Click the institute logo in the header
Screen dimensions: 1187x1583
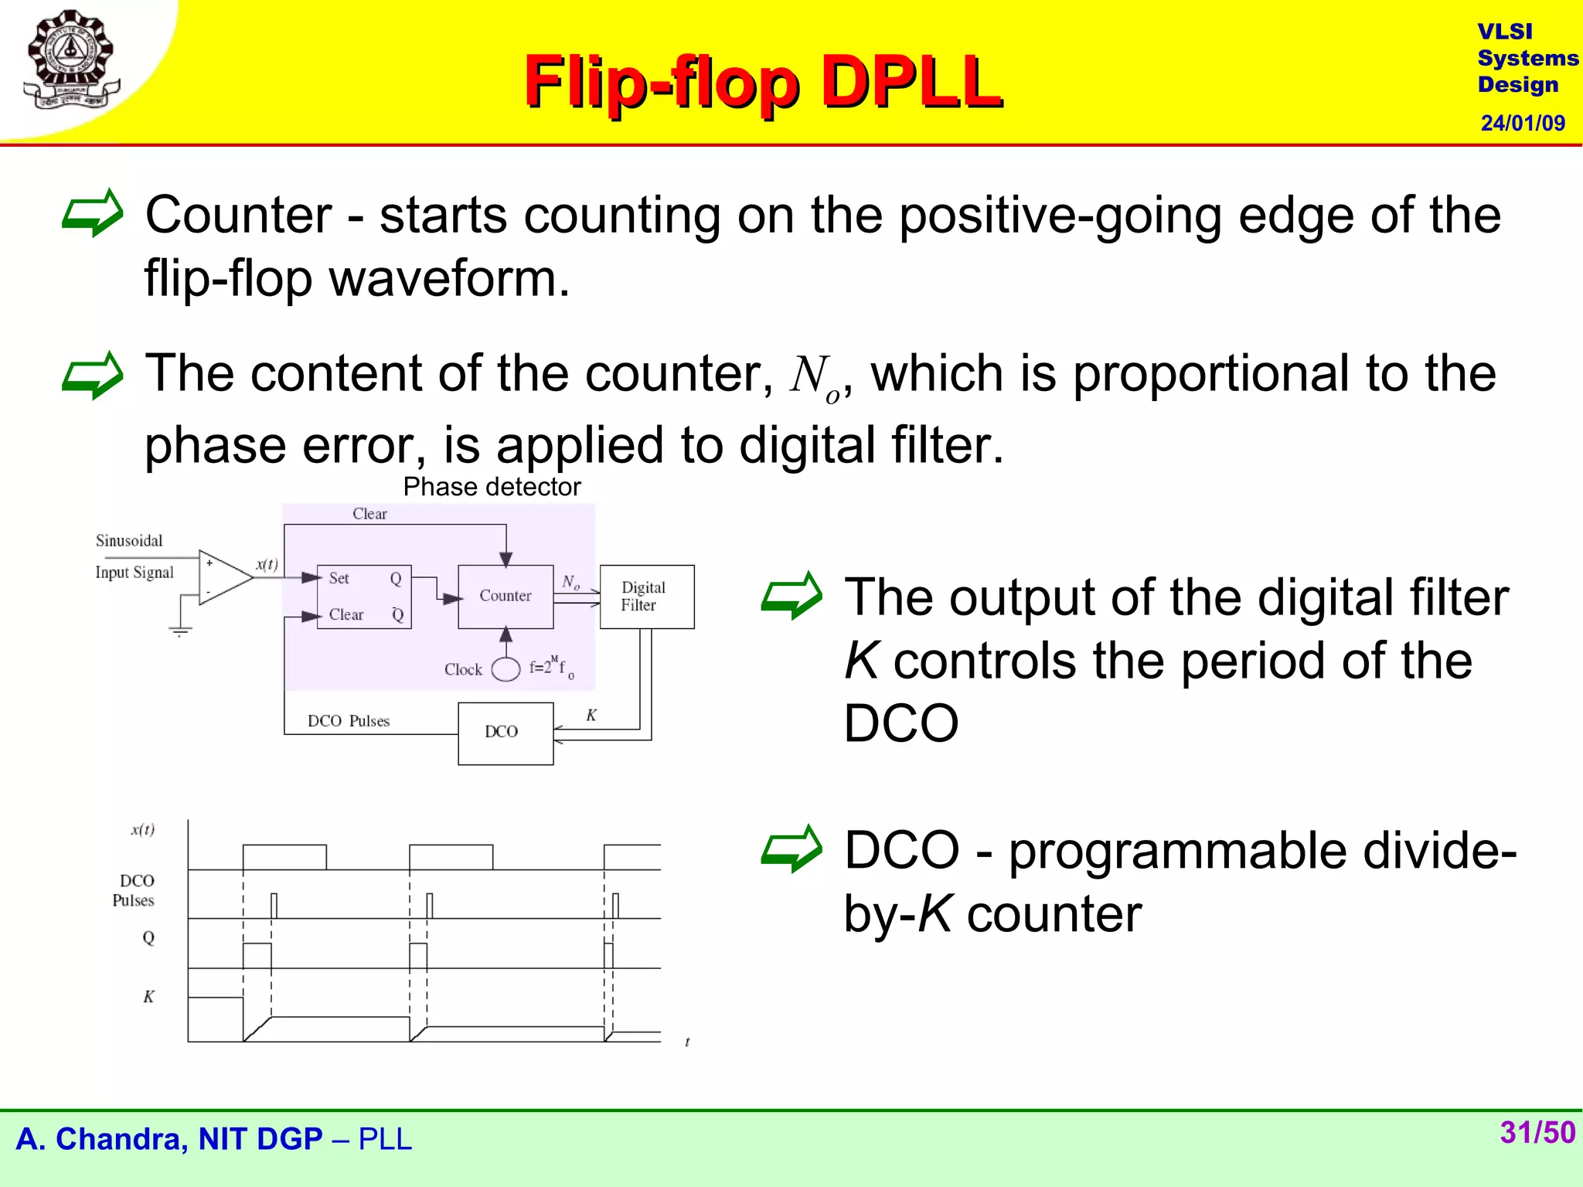click(71, 60)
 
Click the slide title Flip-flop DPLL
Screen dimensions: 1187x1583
click(763, 81)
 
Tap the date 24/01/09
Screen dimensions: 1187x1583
click(1522, 123)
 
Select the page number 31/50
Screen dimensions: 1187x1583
click(1537, 1132)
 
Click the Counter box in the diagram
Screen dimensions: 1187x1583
click(506, 596)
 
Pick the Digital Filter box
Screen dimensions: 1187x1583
click(646, 597)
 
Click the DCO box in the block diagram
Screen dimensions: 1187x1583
click(505, 733)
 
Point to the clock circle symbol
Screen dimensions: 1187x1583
click(506, 669)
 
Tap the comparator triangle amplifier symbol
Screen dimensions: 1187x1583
click(223, 576)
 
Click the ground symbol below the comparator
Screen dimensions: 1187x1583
click(180, 630)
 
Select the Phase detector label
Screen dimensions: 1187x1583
click(492, 487)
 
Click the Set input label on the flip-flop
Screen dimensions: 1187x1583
click(339, 578)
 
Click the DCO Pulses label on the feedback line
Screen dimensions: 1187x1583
click(348, 721)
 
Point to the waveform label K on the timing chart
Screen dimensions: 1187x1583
click(148, 997)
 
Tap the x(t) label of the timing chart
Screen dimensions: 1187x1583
click(143, 830)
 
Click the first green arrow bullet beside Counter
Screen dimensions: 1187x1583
click(92, 213)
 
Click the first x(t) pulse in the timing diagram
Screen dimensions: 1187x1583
click(284, 856)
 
